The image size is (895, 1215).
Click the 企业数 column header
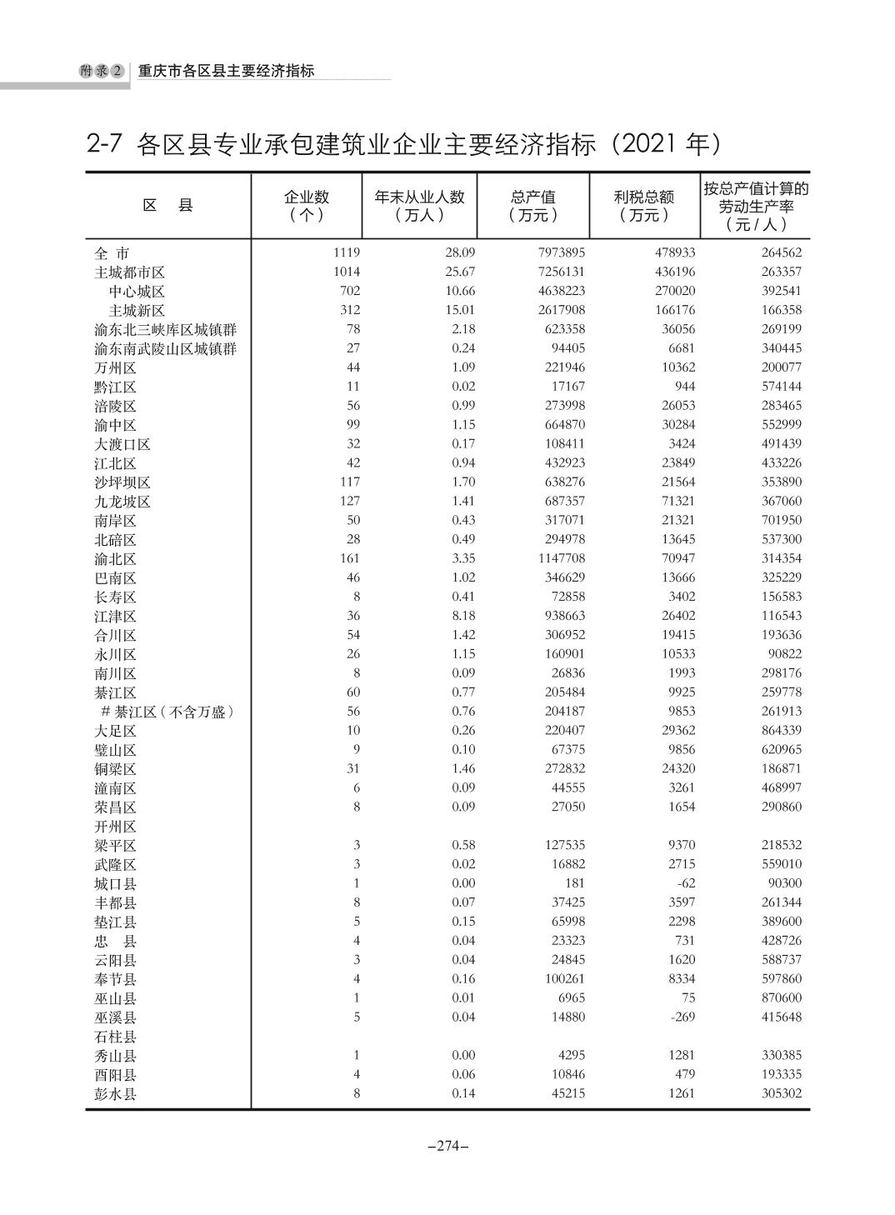(307, 205)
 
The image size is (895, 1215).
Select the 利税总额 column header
(644, 205)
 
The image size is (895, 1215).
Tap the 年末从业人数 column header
(419, 205)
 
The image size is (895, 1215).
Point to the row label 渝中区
(115, 425)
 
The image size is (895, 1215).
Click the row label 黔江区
(115, 387)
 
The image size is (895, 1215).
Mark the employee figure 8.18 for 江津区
(462, 616)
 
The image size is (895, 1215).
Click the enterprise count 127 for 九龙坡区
(349, 501)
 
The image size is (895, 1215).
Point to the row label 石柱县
(115, 1037)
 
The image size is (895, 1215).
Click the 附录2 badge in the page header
(102, 72)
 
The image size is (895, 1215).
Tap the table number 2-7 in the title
(105, 144)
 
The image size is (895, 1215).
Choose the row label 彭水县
(115, 1094)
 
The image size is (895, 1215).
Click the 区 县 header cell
(167, 205)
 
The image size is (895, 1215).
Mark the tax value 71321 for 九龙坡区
(676, 501)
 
